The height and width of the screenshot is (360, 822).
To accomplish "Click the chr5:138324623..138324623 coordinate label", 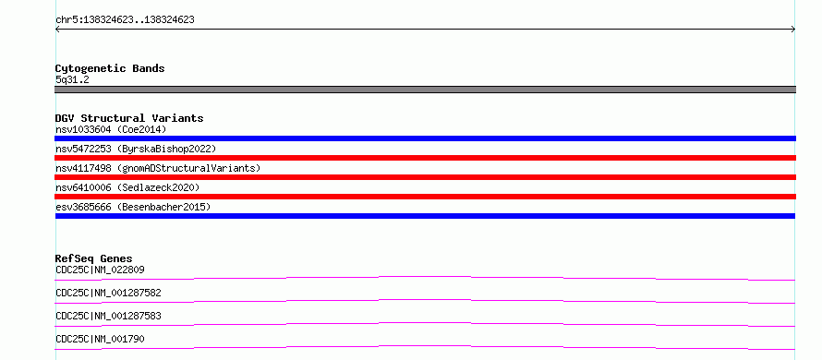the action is click(x=125, y=20).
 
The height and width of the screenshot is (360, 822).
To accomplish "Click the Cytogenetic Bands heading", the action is click(x=110, y=68).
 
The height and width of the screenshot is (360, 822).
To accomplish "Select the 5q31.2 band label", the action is click(x=72, y=79).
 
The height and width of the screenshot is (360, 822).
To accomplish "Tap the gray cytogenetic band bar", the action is click(x=425, y=90).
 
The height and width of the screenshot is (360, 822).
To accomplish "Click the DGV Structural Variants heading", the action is click(x=129, y=118).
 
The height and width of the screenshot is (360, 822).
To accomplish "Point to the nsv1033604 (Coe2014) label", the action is click(x=111, y=129).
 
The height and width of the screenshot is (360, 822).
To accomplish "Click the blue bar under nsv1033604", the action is click(x=425, y=138).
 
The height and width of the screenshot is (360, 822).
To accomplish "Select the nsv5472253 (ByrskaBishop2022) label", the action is click(x=136, y=149).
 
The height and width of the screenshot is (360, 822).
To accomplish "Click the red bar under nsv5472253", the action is click(x=425, y=158).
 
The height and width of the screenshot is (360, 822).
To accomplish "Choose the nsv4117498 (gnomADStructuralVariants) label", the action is click(x=158, y=168).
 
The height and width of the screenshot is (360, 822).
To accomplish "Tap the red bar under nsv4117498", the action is click(x=425, y=177).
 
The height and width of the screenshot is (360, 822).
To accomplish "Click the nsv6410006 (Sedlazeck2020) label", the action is click(x=127, y=187).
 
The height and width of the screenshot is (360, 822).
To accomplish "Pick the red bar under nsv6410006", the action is click(x=425, y=197).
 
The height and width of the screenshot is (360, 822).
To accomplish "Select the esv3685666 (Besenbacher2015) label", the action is click(x=133, y=207).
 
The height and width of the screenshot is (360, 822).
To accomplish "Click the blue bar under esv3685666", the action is click(x=425, y=216).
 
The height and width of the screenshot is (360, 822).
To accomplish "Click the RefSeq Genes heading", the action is click(x=93, y=258).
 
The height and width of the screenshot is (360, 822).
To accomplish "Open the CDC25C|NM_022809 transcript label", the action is click(x=100, y=270).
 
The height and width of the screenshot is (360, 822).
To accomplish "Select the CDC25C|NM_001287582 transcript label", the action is click(x=108, y=293).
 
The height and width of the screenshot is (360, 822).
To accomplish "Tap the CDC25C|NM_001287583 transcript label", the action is click(x=108, y=316).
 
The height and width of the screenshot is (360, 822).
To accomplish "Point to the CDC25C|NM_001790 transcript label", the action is click(x=100, y=339).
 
